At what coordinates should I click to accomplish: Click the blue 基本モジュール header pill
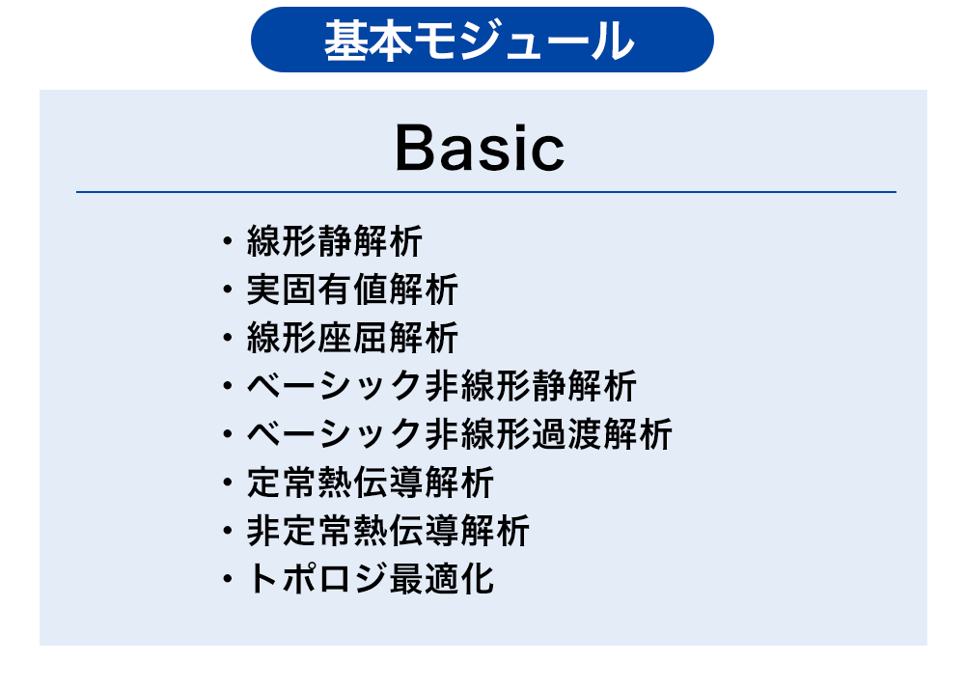pos(482,40)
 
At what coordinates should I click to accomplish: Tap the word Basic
pos(480,148)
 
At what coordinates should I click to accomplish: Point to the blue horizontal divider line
pos(486,192)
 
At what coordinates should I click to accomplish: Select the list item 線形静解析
pos(334,240)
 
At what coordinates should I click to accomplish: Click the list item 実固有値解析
pos(352,290)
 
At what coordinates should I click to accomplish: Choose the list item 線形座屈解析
pos(352,338)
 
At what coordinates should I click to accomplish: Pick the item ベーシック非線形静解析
pos(441,386)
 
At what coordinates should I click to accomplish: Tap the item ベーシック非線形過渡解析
pos(459,434)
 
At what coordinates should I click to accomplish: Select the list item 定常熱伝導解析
pos(370,482)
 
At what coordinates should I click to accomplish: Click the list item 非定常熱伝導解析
pos(388,531)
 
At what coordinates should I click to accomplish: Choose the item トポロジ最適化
pos(370,579)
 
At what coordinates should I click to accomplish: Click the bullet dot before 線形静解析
pos(228,240)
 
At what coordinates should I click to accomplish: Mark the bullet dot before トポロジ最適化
pos(228,579)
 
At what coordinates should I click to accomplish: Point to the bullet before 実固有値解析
pos(228,290)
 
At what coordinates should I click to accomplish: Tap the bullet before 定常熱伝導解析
pos(228,482)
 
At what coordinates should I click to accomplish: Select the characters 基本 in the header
pos(368,40)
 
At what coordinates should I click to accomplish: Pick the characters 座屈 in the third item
pos(352,338)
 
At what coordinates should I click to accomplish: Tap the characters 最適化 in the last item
pos(441,579)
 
